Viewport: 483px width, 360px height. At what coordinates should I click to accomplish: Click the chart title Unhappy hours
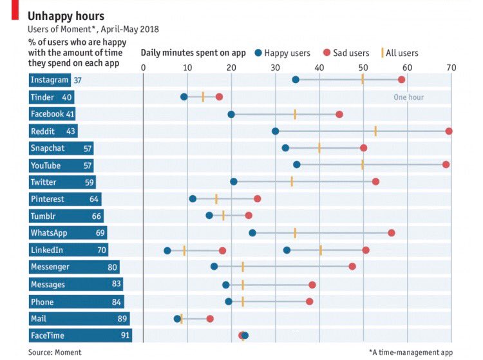pos(66,15)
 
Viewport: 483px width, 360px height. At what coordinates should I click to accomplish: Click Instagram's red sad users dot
pos(401,79)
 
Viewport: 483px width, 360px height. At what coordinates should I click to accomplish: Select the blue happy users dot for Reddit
pos(276,131)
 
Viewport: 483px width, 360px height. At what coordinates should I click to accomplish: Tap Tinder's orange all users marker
pos(203,97)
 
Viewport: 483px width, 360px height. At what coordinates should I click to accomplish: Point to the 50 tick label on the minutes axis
pos(363,68)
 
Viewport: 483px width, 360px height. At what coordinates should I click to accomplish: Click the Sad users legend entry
pos(347,53)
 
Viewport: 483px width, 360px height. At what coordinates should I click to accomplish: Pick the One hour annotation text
pos(409,97)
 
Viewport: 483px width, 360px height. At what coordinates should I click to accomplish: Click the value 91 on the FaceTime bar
pos(125,336)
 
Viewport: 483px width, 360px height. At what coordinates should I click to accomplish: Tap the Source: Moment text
pos(55,352)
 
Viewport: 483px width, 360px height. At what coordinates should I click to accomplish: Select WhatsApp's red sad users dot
pos(392,232)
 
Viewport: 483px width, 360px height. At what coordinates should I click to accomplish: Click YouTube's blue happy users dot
pos(296,164)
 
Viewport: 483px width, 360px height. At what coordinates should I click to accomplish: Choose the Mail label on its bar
pos(39,318)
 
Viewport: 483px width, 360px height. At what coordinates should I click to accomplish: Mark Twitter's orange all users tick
pos(292,182)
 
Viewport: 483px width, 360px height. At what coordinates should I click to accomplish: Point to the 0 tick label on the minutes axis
pos(143,68)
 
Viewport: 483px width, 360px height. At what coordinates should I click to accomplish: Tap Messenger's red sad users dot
pos(352,266)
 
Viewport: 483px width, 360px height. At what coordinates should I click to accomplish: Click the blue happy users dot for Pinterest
pos(193,198)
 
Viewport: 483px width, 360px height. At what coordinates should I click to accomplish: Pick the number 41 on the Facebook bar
pos(70,114)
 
